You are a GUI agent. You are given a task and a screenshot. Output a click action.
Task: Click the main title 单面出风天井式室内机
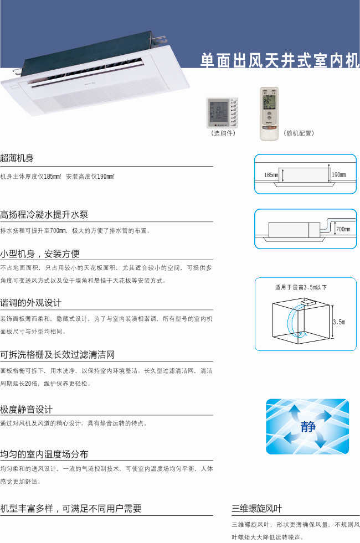280,60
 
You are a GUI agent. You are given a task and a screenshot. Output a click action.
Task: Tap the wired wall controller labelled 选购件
222,113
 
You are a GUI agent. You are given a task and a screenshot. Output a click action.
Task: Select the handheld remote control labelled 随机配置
269,113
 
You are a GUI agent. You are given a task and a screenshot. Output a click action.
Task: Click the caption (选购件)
223,133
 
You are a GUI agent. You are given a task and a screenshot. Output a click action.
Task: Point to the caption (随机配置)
299,133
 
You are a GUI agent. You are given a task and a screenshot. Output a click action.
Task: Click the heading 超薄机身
17,158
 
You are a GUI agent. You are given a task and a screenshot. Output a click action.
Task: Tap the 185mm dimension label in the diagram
271,175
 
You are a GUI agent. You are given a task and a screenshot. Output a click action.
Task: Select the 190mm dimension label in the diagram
338,175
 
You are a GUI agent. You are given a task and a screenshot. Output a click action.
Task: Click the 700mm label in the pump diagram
343,229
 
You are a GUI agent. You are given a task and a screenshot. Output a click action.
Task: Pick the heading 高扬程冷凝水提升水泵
44,214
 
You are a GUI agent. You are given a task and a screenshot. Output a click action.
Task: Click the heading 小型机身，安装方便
40,254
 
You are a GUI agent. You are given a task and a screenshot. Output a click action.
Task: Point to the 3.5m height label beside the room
339,322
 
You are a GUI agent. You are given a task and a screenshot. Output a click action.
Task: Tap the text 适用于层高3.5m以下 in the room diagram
301,287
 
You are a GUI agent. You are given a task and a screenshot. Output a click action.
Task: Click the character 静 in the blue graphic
308,426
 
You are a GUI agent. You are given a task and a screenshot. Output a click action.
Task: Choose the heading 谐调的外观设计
31,303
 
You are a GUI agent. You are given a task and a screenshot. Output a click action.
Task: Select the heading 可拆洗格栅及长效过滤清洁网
57,355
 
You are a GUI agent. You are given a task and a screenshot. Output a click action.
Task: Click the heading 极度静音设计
27,410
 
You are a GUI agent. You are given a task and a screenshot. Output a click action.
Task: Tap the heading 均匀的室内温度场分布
44,454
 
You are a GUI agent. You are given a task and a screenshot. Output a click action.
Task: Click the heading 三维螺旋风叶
257,508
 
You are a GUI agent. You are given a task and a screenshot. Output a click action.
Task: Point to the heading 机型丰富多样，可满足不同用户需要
71,508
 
